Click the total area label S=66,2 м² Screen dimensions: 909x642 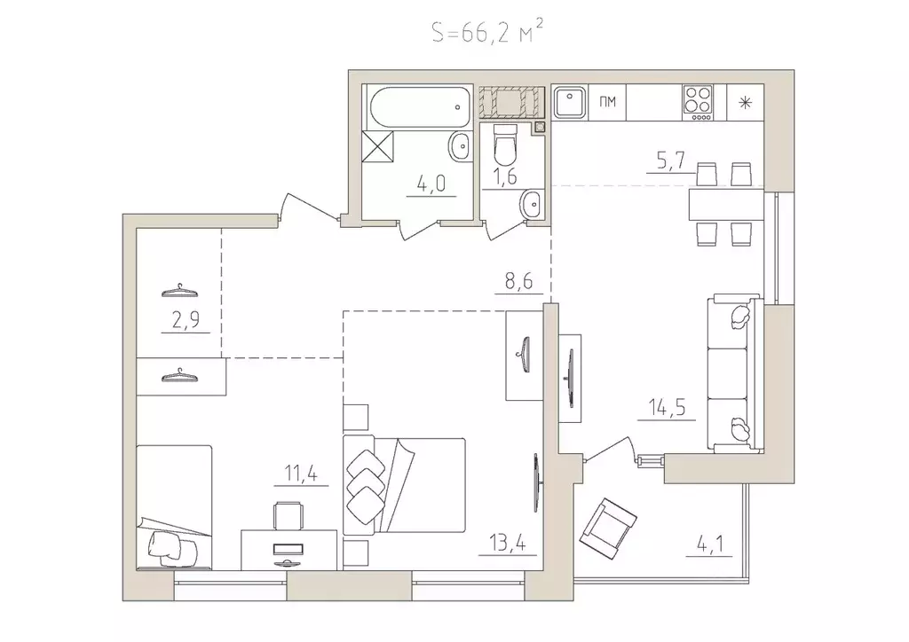tap(487, 31)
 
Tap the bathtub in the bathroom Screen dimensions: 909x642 tap(420, 107)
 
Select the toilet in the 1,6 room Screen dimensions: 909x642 tap(504, 145)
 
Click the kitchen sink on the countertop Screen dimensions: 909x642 tap(569, 102)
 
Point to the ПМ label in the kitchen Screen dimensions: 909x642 tap(607, 103)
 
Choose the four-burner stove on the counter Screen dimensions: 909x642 tap(698, 103)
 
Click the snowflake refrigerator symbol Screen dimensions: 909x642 tap(746, 103)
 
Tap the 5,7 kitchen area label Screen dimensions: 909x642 tap(671, 160)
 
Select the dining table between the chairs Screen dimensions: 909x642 tap(726, 204)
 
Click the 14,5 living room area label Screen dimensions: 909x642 tap(667, 408)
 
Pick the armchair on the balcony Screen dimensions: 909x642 tap(608, 528)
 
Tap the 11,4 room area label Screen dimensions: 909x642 tap(301, 474)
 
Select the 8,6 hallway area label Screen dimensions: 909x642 tap(518, 283)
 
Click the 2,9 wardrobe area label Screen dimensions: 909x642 tap(186, 320)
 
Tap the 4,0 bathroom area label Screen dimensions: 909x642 tap(431, 184)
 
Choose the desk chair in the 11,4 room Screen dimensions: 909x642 tap(289, 515)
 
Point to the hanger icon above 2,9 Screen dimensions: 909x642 tap(180, 290)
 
